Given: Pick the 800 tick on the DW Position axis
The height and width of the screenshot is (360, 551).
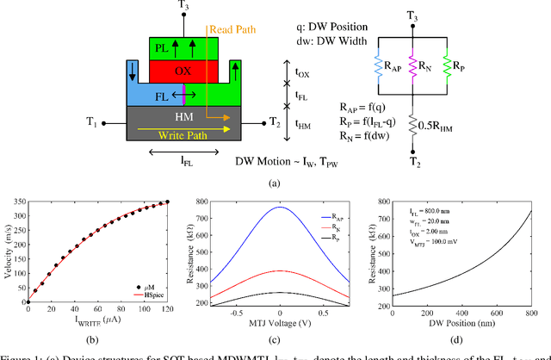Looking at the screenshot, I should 533,312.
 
